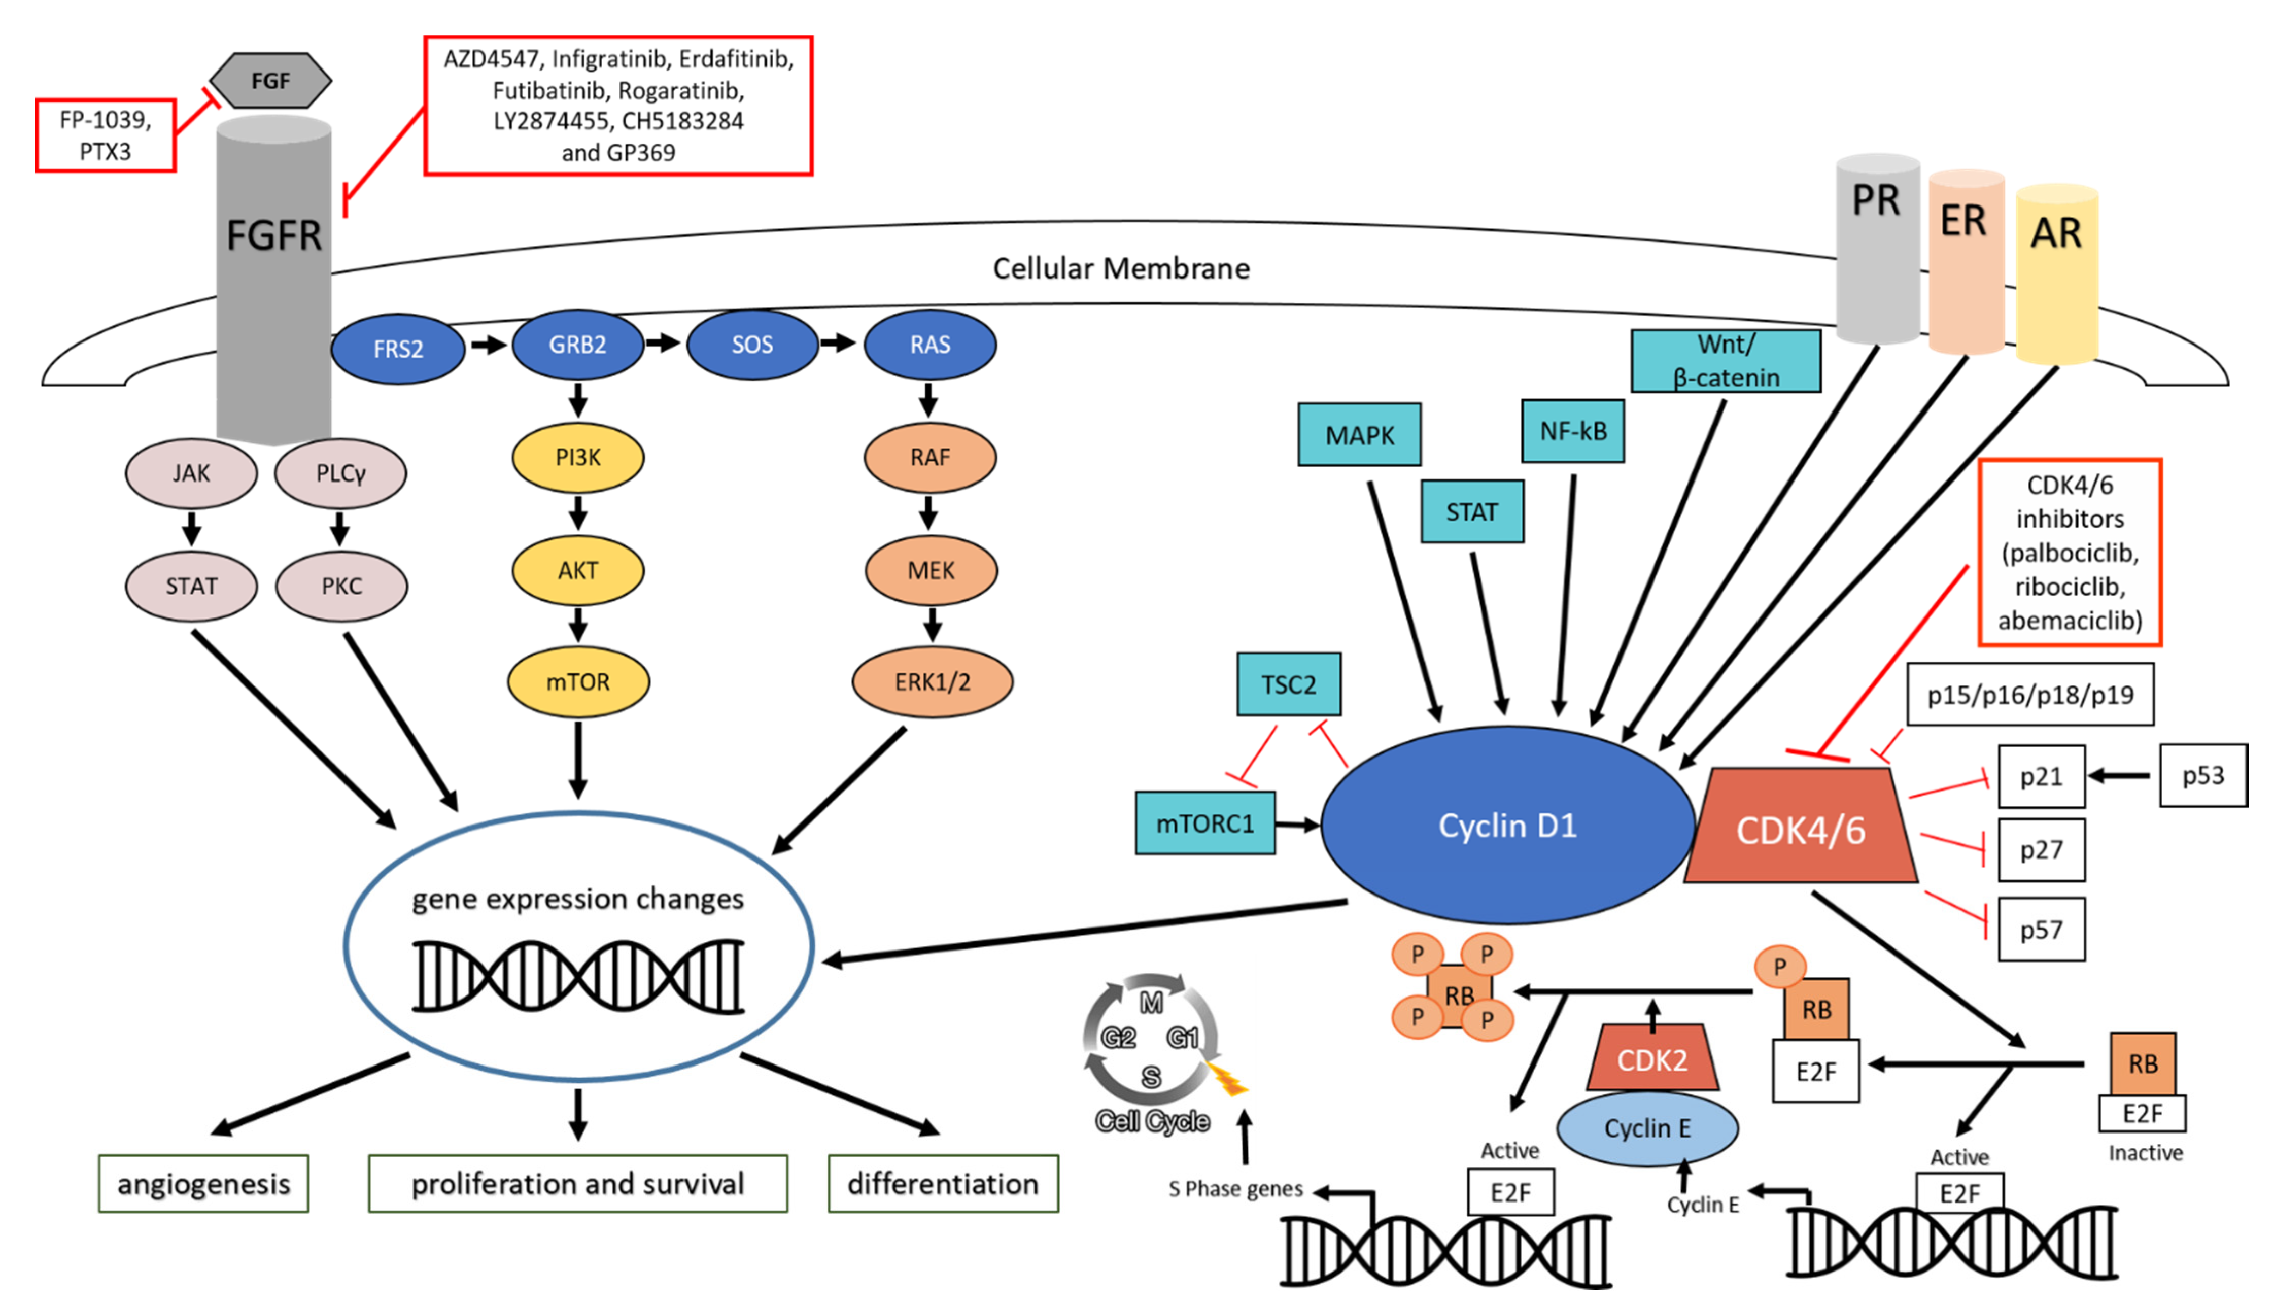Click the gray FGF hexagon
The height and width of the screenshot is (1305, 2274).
point(270,81)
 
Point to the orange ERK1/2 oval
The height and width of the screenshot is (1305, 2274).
point(932,682)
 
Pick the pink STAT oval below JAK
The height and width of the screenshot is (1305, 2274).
point(191,586)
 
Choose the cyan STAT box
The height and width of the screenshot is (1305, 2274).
point(1471,512)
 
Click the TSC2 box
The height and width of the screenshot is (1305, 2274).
point(1288,685)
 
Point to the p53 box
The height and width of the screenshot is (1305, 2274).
point(2202,775)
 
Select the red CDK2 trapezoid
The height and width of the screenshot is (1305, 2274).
point(1651,1059)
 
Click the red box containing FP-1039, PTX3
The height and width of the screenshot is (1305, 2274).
point(106,135)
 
